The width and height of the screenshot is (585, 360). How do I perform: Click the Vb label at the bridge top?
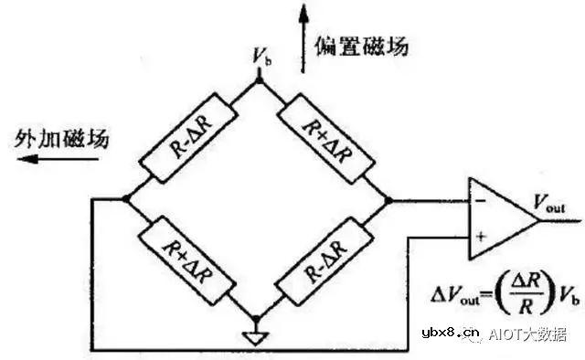(x=261, y=58)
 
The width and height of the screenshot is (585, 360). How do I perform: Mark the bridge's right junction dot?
(x=390, y=200)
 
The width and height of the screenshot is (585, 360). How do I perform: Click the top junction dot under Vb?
(x=259, y=79)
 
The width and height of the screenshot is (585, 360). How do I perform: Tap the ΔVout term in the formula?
(x=452, y=296)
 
